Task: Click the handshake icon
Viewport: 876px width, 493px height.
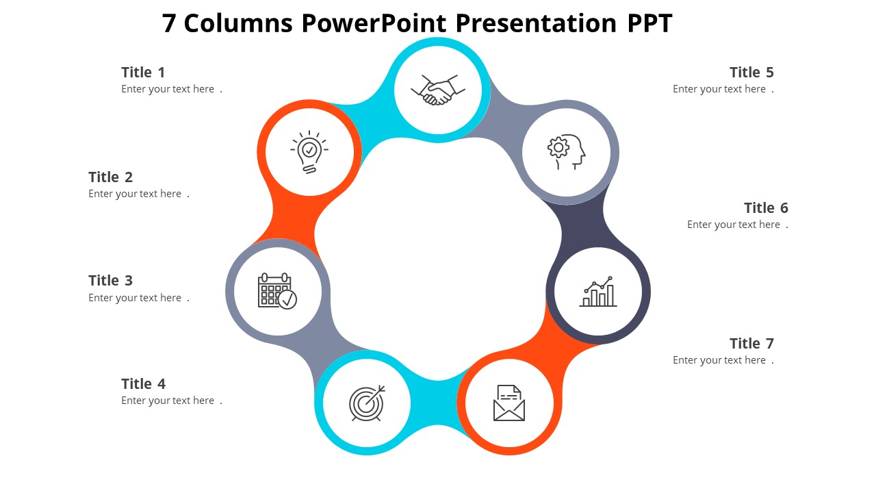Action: coord(438,90)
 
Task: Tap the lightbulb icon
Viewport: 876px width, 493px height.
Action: coord(309,152)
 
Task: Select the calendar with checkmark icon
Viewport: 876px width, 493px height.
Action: coord(277,291)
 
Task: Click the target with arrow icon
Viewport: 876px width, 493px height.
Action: coord(367,403)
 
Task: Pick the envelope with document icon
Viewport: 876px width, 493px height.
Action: coord(508,403)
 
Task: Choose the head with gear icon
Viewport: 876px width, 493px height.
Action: coord(566,152)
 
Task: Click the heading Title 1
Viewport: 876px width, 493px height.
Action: coord(143,73)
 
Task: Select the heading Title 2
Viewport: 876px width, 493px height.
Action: coord(110,177)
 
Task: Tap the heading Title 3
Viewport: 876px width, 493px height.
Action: coord(110,281)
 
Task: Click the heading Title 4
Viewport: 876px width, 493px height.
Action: coord(143,384)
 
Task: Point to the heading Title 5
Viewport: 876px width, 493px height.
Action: coord(751,73)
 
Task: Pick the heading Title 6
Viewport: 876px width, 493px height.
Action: coord(766,208)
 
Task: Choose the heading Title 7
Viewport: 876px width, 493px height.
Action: coord(751,344)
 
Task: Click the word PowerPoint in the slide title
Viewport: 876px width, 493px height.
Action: coord(374,24)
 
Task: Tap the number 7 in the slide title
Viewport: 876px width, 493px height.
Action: coord(169,24)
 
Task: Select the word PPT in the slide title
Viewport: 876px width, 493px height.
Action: coord(649,24)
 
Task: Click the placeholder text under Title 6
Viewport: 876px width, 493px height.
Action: coord(737,225)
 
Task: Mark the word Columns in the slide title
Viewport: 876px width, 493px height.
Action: coord(239,24)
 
